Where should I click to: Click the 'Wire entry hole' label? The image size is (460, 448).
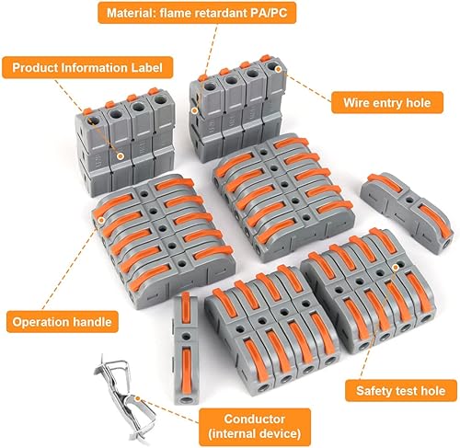pos(387,103)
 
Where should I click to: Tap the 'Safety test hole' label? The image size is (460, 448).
pos(401,391)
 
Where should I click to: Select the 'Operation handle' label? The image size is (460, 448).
pos(63,322)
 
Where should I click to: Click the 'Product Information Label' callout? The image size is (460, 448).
pos(87,67)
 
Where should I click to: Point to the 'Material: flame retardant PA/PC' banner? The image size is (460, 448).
pos(197,13)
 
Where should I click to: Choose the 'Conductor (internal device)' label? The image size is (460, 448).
pos(255,427)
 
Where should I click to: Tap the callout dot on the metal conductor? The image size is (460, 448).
pos(138,398)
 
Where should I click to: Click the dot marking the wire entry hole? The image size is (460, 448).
pos(278,69)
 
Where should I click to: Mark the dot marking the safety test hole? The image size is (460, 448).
pos(396,268)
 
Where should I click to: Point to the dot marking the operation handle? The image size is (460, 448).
pos(101,220)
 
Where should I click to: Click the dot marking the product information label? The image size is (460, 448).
pos(121,156)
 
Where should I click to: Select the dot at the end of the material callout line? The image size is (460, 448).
pos(194,110)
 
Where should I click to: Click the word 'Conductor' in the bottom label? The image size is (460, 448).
pos(255,419)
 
